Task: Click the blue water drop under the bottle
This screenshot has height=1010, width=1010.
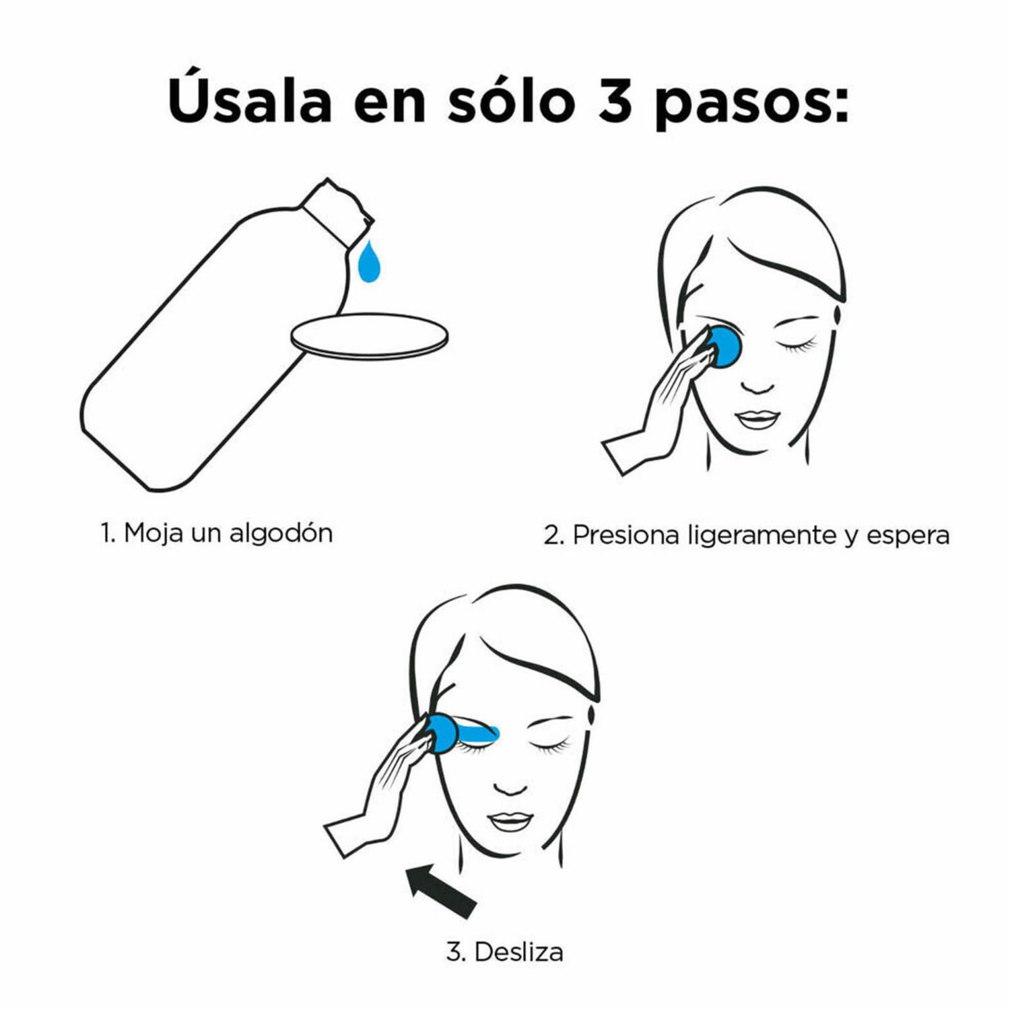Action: point(369,263)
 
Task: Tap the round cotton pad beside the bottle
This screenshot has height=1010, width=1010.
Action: point(369,335)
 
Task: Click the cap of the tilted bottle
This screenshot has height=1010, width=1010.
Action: point(337,211)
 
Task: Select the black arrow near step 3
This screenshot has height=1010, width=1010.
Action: point(441,891)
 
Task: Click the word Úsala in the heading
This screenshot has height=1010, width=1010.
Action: point(250,102)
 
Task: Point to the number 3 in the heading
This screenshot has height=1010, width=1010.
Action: point(614,102)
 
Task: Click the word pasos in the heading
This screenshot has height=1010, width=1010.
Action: point(751,104)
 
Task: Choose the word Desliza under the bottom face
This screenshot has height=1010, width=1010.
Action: point(518,952)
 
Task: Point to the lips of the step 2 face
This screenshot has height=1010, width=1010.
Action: point(757,419)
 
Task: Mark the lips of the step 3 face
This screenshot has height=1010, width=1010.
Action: point(510,821)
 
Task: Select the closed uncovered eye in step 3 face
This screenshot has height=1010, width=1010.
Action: point(549,744)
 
